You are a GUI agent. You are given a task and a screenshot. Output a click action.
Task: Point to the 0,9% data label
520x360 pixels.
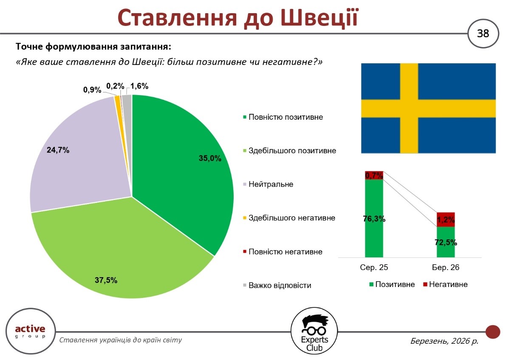[x=92, y=90]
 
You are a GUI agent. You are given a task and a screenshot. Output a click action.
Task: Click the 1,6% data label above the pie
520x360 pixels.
[x=139, y=86]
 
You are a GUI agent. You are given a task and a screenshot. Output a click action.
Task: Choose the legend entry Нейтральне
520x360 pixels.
[x=271, y=184]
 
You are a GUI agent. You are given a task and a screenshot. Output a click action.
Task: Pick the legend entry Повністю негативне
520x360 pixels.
[x=285, y=252]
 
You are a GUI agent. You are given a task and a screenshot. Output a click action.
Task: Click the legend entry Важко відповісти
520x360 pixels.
[x=280, y=285]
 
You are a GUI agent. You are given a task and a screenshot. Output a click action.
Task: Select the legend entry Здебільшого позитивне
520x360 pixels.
[x=292, y=150]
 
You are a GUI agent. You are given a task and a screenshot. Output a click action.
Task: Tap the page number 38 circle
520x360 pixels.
[x=483, y=33]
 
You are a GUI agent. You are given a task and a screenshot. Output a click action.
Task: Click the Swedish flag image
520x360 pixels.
[x=428, y=108]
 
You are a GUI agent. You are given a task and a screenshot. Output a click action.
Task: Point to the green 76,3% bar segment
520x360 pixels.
[x=374, y=219]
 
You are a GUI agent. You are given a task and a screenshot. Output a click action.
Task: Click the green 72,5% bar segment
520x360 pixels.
[x=446, y=242]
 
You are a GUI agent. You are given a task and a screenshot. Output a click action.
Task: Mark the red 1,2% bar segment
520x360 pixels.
[x=446, y=219]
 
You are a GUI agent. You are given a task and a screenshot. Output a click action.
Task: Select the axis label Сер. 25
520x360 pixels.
[x=374, y=268]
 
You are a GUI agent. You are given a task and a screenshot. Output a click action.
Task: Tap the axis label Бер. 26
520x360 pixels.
[x=446, y=268]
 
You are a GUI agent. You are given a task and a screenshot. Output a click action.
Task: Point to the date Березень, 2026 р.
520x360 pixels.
[x=444, y=340]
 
